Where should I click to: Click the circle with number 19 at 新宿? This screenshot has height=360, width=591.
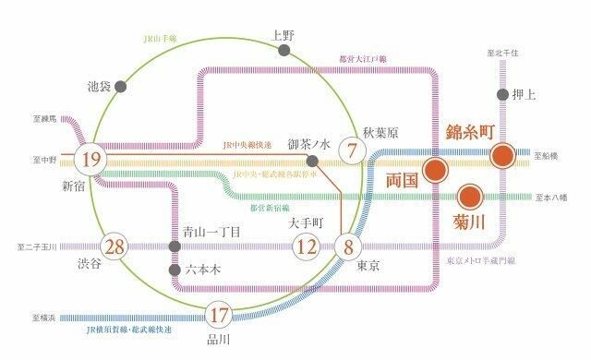(90, 160)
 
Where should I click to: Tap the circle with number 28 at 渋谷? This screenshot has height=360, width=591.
(115, 247)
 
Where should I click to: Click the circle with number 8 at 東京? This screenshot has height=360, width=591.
(348, 246)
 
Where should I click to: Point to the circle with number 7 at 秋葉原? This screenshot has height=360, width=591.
(352, 150)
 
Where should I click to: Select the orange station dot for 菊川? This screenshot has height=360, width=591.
(470, 196)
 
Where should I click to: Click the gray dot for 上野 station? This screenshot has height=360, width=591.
(283, 53)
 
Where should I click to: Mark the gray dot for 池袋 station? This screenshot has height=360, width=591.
(119, 87)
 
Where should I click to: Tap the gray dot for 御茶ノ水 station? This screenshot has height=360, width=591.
(312, 161)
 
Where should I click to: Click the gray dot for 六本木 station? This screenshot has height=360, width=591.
(175, 270)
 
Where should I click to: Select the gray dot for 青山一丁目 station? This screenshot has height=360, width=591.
(175, 246)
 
